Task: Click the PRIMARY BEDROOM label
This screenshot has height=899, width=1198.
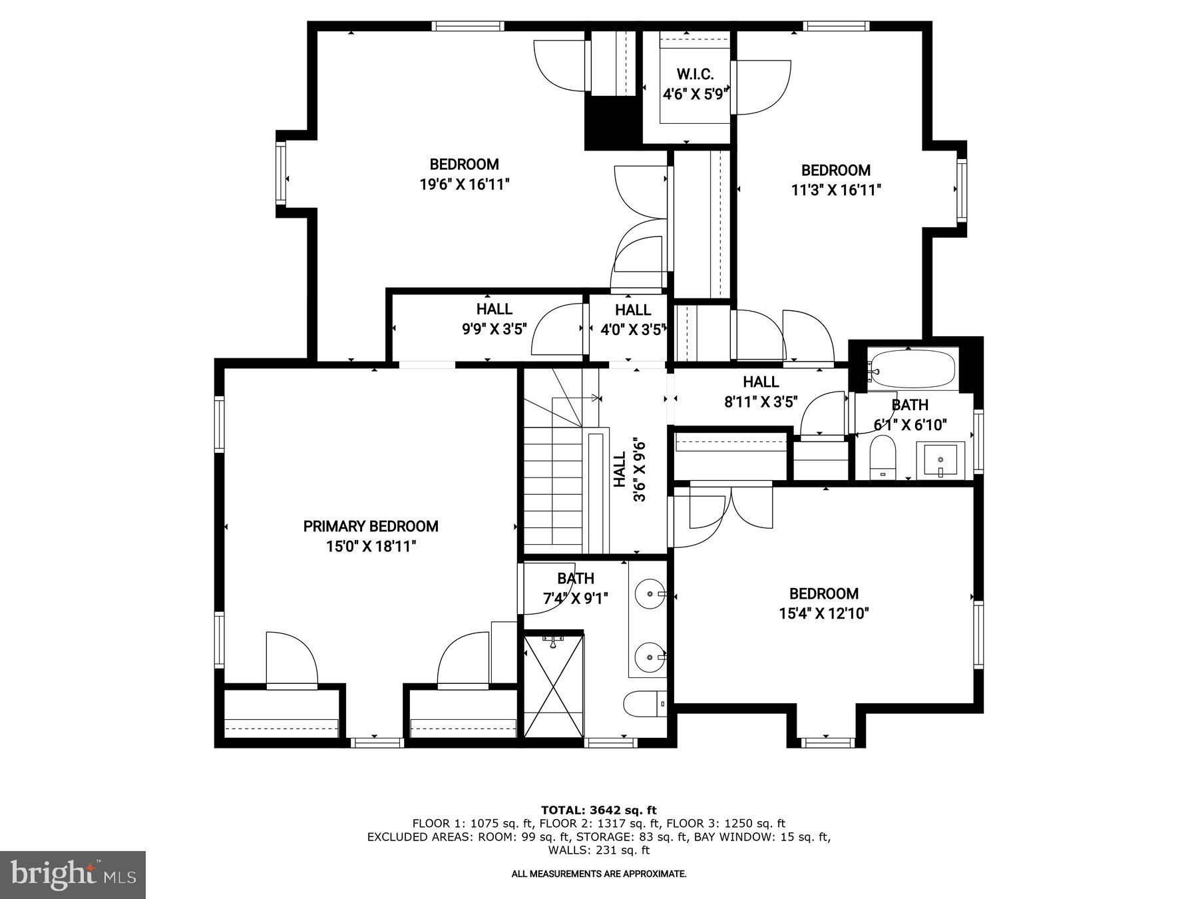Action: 371,526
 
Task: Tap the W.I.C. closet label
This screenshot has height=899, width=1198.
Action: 695,74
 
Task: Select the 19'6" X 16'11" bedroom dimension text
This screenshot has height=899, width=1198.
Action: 464,184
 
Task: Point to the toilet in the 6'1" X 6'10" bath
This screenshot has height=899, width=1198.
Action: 883,457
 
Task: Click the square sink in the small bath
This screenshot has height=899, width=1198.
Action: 940,460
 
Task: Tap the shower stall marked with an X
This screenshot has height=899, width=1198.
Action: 554,686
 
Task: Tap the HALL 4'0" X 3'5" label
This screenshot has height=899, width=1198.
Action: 632,320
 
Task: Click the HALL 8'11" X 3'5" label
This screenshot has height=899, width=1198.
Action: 761,392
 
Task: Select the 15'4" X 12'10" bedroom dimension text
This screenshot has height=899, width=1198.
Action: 824,613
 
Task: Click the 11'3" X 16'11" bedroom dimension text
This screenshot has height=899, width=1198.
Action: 836,190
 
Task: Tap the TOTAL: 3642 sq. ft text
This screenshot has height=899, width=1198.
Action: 598,810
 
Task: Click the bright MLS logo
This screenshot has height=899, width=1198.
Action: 73,874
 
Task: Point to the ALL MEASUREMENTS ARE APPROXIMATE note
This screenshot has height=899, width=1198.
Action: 598,874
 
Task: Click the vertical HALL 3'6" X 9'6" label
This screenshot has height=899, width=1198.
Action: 629,470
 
